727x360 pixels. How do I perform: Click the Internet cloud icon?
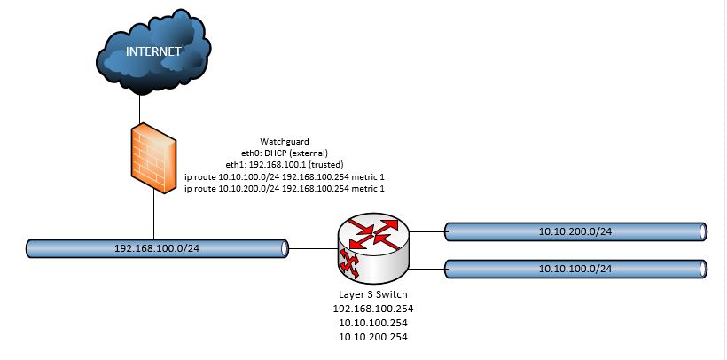153,52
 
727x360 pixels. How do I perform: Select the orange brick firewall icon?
154,159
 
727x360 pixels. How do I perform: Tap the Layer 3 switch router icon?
373,246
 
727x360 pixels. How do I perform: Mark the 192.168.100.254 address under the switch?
373,309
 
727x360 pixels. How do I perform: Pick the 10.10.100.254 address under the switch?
373,323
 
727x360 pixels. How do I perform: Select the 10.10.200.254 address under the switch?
373,337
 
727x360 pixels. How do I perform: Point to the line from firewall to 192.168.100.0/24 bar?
154,216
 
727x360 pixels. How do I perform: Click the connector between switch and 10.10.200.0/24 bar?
426,232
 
